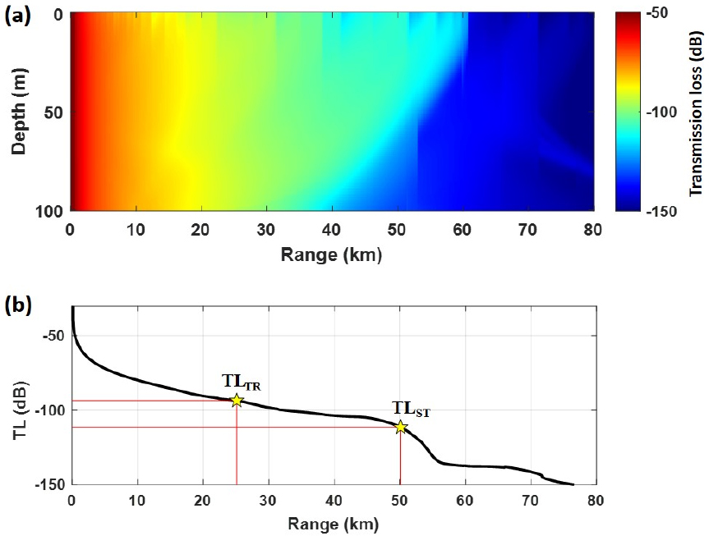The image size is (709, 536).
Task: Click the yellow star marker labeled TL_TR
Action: (x=237, y=401)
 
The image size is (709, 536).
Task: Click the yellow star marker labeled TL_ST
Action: (x=400, y=427)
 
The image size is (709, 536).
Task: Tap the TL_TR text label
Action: (x=241, y=382)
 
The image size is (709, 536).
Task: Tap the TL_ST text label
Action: (x=410, y=409)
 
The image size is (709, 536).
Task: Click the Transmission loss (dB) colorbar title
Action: (x=694, y=112)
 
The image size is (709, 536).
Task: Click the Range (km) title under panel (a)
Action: (x=331, y=254)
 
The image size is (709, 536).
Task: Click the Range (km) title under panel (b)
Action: (x=331, y=523)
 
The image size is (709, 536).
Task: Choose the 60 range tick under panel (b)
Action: (x=466, y=500)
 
